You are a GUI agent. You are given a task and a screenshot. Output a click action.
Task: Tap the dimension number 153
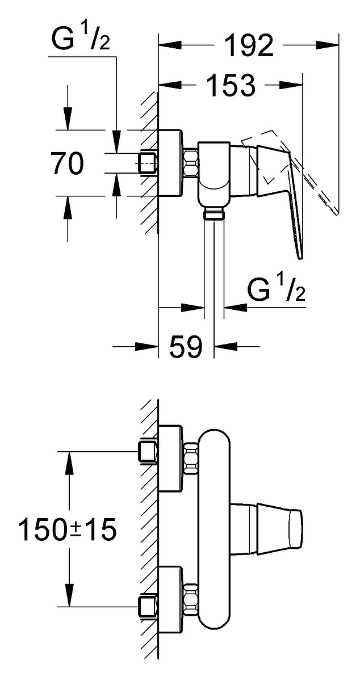[x=231, y=85]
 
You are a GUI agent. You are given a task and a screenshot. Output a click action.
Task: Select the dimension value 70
[x=67, y=163]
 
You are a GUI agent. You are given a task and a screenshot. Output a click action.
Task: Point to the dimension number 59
[x=186, y=346]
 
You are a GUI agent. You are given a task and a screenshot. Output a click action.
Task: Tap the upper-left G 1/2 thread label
[x=81, y=39]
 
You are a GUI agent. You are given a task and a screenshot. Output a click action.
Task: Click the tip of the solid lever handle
[x=300, y=259]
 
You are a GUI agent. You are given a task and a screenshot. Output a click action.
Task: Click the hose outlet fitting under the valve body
[x=214, y=212]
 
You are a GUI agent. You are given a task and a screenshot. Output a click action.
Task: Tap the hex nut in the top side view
[x=191, y=163]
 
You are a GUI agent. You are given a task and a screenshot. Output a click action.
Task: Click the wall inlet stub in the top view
[x=148, y=163]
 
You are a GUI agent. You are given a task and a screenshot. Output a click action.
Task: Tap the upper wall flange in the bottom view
[x=170, y=458]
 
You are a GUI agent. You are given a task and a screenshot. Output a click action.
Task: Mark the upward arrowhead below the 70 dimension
[x=68, y=207]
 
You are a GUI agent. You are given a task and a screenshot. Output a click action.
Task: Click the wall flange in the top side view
[x=170, y=163]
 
